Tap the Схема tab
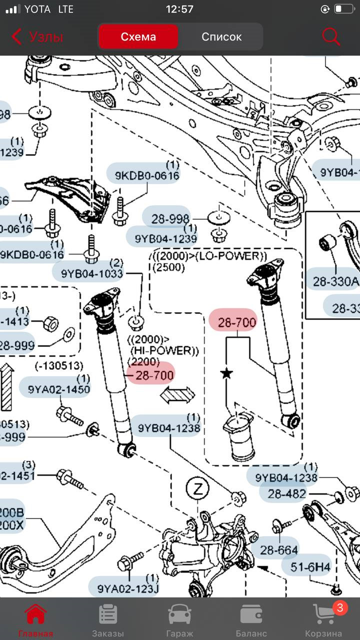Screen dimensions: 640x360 pyautogui.click(x=138, y=36)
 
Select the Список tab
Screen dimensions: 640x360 pyautogui.click(x=221, y=36)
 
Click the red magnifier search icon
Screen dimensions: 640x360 pyautogui.click(x=331, y=36)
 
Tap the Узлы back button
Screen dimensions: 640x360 pyautogui.click(x=37, y=36)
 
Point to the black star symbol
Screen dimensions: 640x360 pyautogui.click(x=227, y=372)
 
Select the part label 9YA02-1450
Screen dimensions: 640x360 pyautogui.click(x=59, y=389)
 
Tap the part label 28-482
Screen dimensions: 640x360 pyautogui.click(x=287, y=494)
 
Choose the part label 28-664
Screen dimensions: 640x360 pyautogui.click(x=279, y=550)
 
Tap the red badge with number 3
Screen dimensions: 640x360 pyautogui.click(x=340, y=608)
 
